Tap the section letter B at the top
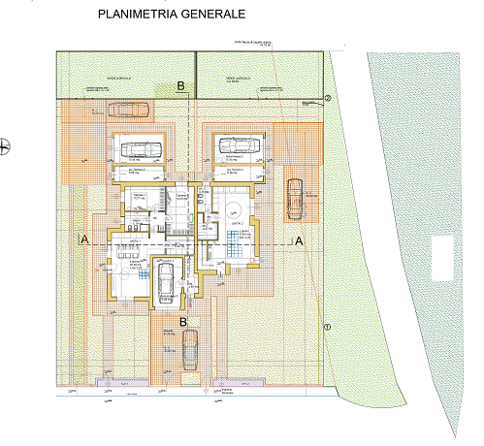[x=181, y=86]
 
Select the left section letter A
[x=85, y=239]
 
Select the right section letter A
[x=299, y=239]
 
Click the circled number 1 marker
[x=327, y=327]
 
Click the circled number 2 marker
[x=328, y=99]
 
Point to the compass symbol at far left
[x=6, y=146]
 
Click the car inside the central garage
[x=166, y=283]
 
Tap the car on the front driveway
[x=190, y=349]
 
